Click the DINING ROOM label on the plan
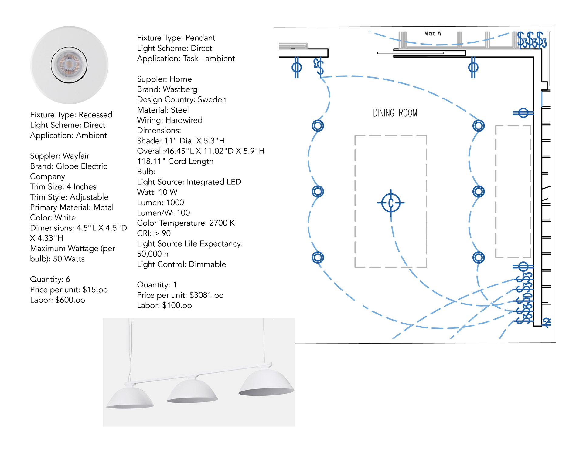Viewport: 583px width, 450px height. [395, 113]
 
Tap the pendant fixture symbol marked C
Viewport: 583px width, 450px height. [391, 203]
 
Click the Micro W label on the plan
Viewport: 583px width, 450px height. [433, 34]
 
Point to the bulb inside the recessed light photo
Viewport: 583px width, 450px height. [69, 65]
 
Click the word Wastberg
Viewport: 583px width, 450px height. [180, 89]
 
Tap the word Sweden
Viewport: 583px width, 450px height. [212, 100]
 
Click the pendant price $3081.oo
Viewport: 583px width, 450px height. [206, 295]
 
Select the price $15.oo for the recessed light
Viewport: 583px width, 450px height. [95, 290]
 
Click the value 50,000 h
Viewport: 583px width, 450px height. [152, 254]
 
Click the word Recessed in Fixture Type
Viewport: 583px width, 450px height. [95, 115]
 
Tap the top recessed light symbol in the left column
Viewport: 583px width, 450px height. [318, 126]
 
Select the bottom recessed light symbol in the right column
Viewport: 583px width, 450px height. [478, 257]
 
